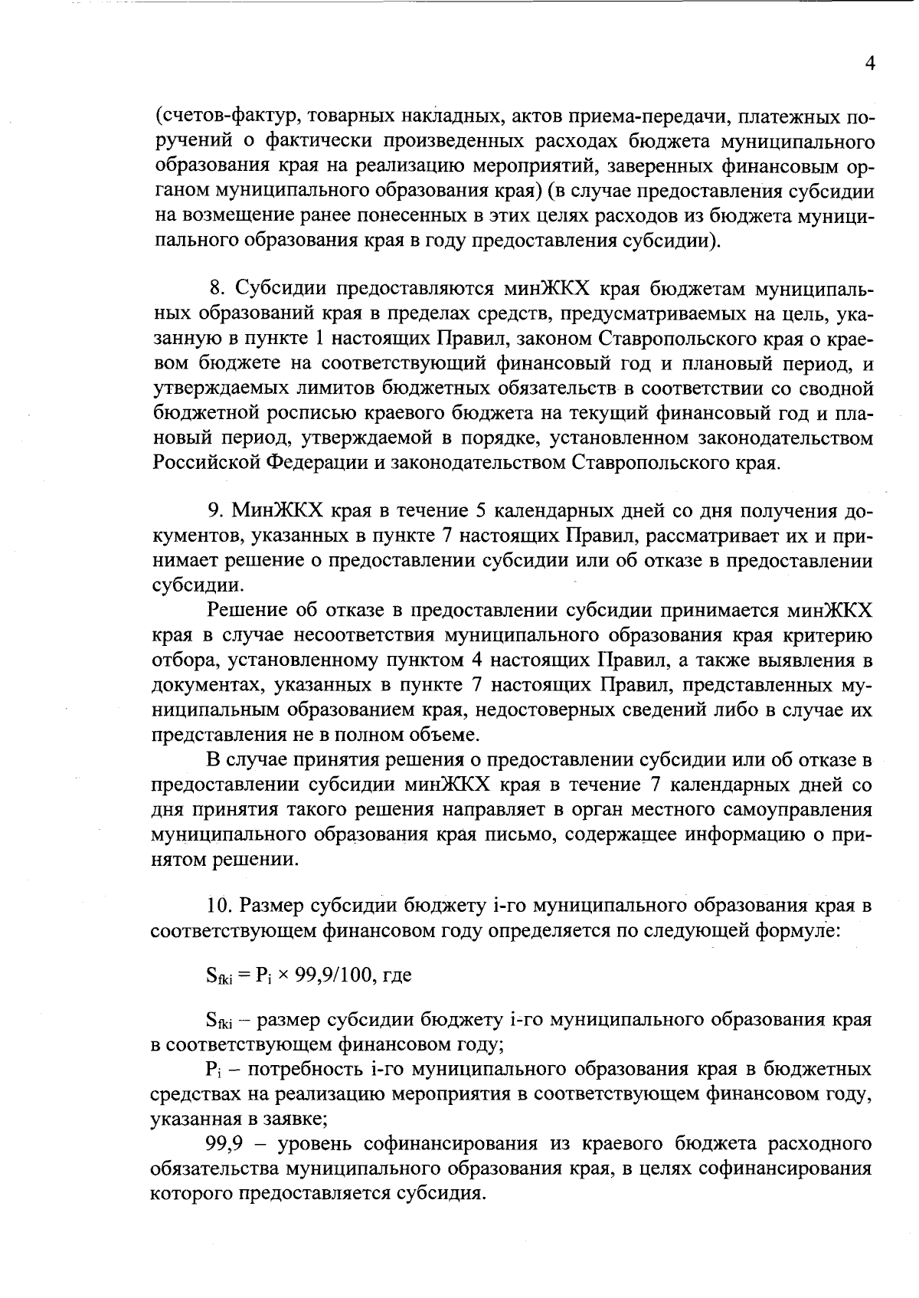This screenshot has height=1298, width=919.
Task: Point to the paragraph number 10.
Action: [219, 906]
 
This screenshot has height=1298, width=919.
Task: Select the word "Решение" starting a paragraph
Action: [246, 611]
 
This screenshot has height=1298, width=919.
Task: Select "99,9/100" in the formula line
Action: [330, 976]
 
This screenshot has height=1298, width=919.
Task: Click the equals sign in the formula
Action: [244, 976]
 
